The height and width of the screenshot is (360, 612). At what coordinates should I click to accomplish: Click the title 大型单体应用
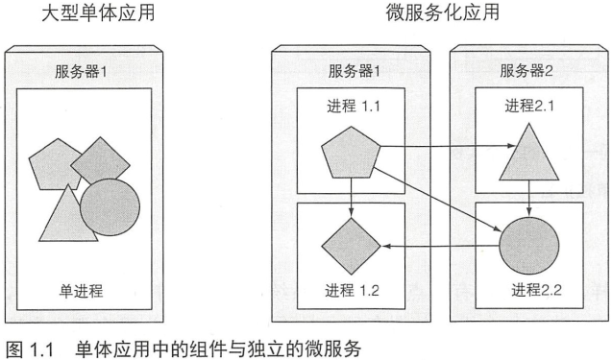(98, 12)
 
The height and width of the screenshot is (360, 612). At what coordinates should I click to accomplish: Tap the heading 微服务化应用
(443, 12)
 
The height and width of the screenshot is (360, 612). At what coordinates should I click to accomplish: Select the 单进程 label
(81, 291)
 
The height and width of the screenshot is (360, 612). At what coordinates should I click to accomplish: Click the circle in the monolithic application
(110, 207)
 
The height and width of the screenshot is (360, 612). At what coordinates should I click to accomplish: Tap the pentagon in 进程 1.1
(351, 153)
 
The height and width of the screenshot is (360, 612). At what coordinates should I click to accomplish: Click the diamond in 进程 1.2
(351, 246)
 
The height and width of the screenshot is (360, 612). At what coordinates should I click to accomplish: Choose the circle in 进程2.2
(529, 246)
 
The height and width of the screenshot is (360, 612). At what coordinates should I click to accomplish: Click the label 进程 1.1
(354, 107)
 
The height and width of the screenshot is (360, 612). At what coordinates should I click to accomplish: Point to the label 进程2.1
(529, 106)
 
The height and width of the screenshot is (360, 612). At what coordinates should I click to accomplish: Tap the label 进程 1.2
(352, 291)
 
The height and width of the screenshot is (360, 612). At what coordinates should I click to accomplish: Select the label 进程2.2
(536, 290)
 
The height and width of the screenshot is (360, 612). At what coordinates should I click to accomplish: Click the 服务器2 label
(526, 71)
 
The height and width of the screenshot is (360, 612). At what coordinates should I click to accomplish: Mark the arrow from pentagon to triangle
(448, 146)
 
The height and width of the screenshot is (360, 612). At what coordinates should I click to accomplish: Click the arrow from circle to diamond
(441, 246)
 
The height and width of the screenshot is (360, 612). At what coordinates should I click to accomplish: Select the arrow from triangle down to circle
(529, 198)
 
